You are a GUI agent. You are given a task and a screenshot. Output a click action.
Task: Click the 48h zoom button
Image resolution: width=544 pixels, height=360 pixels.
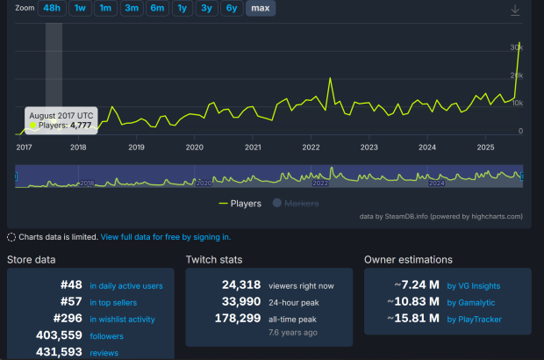[x=52, y=8]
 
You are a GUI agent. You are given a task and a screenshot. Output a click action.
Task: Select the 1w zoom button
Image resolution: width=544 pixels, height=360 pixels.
[x=80, y=8]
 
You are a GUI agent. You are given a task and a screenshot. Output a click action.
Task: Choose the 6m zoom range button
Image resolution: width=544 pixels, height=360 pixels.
[x=157, y=8]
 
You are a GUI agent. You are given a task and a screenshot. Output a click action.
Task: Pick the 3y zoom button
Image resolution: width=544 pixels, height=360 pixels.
[x=206, y=8]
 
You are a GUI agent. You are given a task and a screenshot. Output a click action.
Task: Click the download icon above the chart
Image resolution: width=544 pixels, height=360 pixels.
[x=515, y=10]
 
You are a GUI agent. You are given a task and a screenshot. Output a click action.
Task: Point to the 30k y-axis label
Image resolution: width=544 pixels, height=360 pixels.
[x=518, y=47]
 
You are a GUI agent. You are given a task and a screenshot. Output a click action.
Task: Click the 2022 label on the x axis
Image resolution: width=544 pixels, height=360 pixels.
[x=311, y=148]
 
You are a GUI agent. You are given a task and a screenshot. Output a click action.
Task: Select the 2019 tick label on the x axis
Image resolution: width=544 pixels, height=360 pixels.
[x=136, y=148]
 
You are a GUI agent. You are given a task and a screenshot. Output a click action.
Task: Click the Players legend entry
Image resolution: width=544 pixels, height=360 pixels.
[x=243, y=204]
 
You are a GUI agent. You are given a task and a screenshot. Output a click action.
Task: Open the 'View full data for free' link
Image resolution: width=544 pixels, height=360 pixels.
[x=166, y=237]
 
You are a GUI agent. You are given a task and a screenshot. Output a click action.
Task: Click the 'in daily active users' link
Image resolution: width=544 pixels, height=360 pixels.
[x=125, y=285]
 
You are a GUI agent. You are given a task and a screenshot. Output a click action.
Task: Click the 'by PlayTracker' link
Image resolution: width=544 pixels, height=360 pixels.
[x=475, y=319]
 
